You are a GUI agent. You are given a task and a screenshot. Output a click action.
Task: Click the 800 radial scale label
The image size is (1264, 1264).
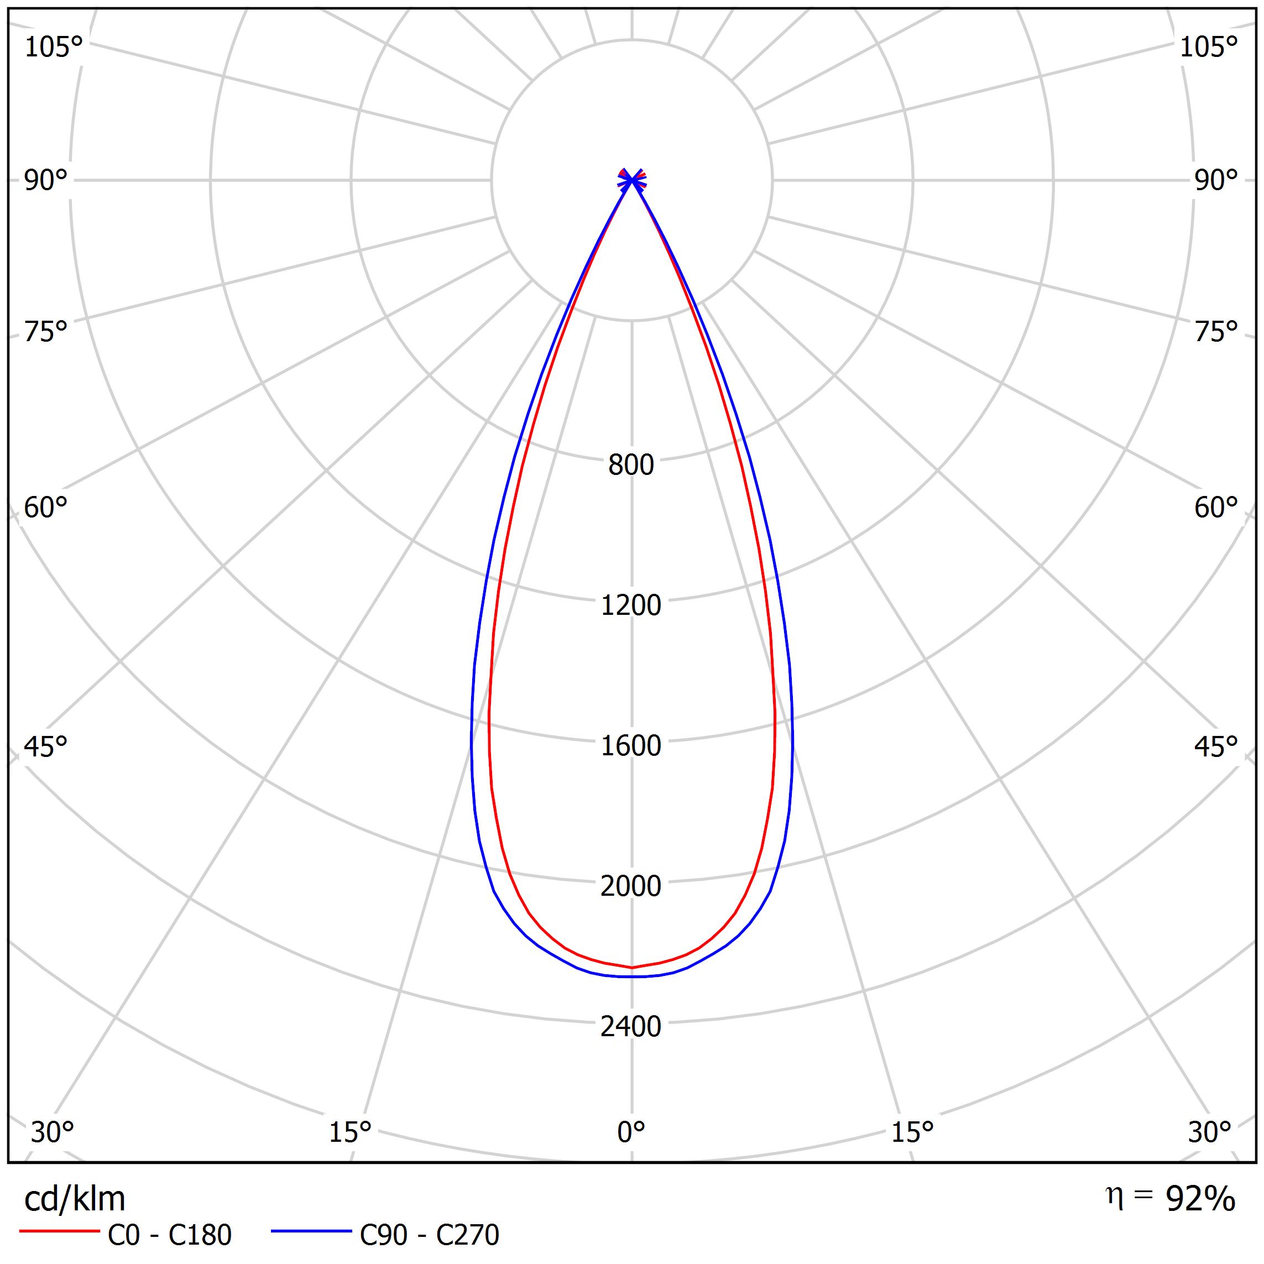pos(631,465)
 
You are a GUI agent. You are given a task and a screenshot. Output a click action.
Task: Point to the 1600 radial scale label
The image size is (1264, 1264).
pos(631,746)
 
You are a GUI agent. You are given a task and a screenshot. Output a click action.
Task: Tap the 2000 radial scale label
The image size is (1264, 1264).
pos(631,886)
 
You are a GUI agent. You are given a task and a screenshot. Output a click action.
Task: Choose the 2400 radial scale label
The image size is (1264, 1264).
pos(631,1026)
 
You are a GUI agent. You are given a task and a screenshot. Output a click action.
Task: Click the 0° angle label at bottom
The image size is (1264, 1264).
pos(631,1132)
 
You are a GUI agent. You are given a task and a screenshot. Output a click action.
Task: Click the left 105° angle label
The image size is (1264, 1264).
pos(54,47)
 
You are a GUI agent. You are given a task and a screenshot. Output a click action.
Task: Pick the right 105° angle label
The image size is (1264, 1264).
pos(1208,47)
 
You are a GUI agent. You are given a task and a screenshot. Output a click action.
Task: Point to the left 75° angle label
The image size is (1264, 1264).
pos(46,332)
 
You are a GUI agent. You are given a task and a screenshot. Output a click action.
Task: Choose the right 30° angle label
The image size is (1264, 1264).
pos(1210,1132)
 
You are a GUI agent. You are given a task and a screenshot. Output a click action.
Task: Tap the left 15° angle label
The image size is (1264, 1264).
pos(350,1132)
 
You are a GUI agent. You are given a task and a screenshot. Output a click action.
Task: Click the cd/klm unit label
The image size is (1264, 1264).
pos(75,1199)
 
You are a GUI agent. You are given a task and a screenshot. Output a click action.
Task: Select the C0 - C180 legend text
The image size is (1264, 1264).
pos(169,1235)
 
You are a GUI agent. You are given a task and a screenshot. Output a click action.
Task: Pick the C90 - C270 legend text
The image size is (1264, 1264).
pos(429,1235)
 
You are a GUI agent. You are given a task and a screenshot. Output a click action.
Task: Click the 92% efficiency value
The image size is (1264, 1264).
pos(1200,1199)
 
